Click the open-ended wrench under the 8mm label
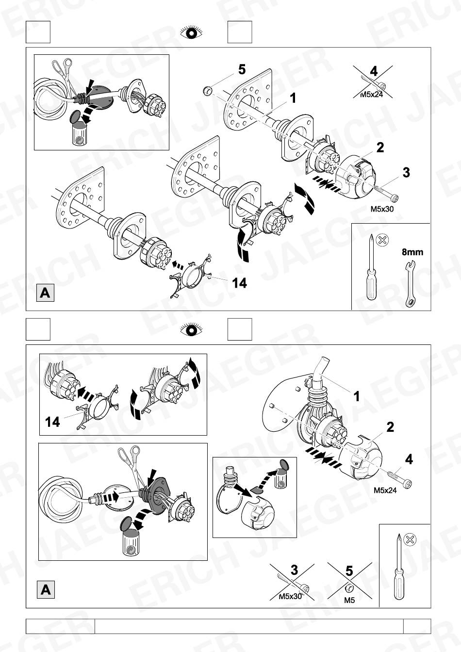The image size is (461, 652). coord(410,284)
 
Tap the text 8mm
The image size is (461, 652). coord(412,252)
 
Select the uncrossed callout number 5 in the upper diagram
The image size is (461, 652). coord(242,70)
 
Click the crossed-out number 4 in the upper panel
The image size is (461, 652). coord(374,72)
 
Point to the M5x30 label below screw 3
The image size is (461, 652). coord(382,209)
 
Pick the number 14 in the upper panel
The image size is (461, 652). coord(239,283)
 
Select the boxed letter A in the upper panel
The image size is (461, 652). coord(45,293)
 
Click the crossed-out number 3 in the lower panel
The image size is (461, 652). coord(294,570)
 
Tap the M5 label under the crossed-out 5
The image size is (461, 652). coord(349,600)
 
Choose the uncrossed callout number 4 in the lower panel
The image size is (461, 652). coord(409,459)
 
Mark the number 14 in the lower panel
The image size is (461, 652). coord(52,422)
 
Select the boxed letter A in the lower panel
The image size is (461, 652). coord(46,590)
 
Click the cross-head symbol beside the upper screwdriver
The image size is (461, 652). coord(382,240)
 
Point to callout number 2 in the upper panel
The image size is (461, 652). coord(380,147)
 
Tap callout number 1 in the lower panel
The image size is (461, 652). coord(357,396)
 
